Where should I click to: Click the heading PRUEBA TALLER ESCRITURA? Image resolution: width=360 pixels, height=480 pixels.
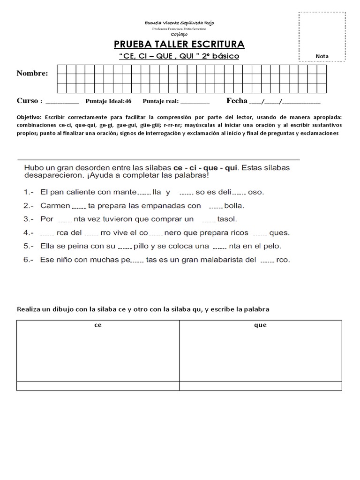point(179,45)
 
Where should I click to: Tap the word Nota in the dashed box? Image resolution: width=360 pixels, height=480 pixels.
point(322,56)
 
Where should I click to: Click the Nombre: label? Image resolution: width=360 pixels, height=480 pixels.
point(32,73)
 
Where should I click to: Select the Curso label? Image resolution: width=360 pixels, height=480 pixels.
point(27,101)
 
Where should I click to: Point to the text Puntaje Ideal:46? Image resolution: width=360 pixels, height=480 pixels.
point(108,101)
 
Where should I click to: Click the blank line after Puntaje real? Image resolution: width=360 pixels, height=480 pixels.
point(195,102)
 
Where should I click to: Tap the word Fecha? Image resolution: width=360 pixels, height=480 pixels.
point(236,100)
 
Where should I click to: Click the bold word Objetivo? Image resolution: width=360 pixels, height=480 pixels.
point(29,117)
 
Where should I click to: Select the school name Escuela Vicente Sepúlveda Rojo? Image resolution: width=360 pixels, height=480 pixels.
point(180,23)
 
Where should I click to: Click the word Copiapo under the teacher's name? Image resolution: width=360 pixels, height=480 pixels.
point(180,34)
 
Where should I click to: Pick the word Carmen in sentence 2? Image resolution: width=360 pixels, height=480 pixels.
point(55,205)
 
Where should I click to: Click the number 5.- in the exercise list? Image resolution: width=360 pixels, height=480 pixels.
point(29,246)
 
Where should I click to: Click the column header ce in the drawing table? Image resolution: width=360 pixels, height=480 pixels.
point(98,325)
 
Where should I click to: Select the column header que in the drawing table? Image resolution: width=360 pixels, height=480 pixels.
point(260,325)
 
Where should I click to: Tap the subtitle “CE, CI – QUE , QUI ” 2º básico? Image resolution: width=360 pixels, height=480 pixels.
point(179,56)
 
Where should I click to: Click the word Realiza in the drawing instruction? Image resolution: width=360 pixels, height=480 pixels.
point(29,309)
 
